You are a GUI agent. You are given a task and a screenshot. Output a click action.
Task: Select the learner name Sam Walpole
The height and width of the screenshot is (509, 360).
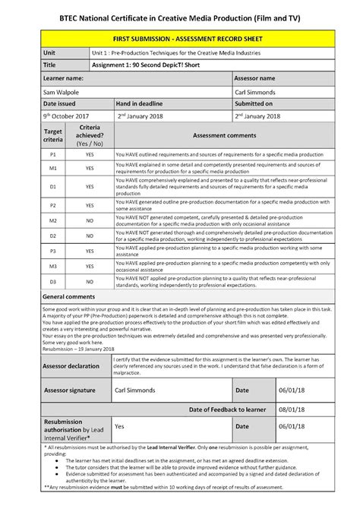[x=46, y=91]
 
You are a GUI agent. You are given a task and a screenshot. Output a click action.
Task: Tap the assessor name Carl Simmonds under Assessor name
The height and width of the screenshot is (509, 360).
[x=257, y=91]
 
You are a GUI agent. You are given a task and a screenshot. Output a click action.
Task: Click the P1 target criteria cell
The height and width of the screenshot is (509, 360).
[x=33, y=153]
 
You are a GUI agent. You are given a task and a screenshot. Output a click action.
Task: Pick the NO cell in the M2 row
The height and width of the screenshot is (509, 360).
[x=90, y=220]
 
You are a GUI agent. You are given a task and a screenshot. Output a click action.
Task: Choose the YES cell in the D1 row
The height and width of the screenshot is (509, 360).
[x=90, y=186]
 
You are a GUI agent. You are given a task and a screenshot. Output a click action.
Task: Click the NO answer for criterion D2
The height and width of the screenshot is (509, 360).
[x=90, y=236]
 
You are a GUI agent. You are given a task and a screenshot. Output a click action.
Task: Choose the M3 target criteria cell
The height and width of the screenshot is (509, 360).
[x=33, y=267]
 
